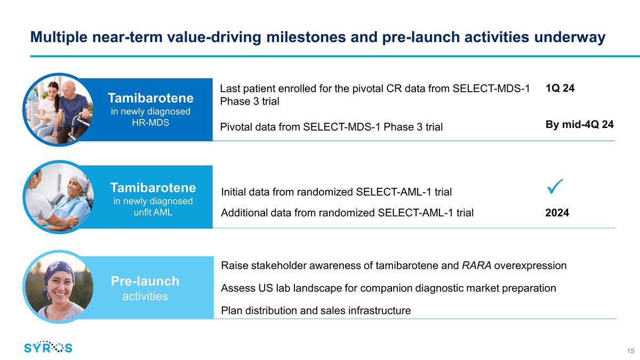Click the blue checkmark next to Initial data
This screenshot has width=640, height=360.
[x=555, y=187]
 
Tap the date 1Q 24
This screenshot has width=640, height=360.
[x=559, y=88]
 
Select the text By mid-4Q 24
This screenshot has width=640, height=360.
[x=579, y=124]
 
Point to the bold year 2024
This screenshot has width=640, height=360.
[x=557, y=213]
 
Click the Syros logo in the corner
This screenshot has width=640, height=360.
[x=49, y=347]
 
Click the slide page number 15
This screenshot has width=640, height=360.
[x=630, y=351]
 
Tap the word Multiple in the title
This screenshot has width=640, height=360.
[x=59, y=37]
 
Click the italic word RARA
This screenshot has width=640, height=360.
[x=477, y=266]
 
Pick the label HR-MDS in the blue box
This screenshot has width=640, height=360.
[x=150, y=123]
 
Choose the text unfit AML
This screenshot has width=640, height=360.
[x=153, y=212]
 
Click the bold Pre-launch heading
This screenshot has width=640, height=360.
[x=145, y=281]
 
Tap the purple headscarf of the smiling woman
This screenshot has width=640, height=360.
[x=59, y=271]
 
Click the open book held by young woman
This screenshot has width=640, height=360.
[x=45, y=118]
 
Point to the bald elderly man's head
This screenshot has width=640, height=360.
[x=69, y=89]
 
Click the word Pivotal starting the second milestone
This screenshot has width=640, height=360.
[x=236, y=127]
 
